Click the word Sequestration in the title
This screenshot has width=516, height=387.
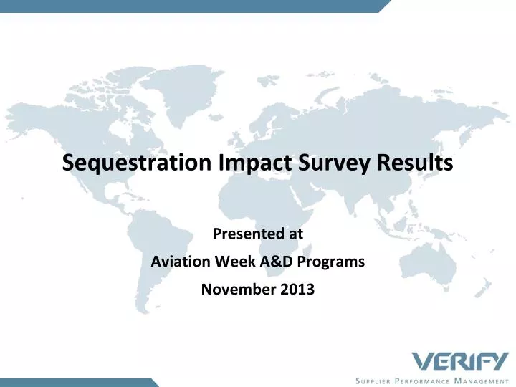[x=137, y=163]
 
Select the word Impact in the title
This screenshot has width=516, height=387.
[x=255, y=163]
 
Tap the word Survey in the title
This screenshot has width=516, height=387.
[x=334, y=163]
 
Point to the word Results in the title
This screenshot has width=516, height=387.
[x=415, y=162]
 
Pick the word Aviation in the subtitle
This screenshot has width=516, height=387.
[x=181, y=262]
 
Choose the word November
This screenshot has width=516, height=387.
[x=239, y=290]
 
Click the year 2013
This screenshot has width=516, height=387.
[x=297, y=290]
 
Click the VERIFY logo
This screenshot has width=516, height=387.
[x=460, y=361]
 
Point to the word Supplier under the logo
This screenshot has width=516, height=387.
[x=373, y=381]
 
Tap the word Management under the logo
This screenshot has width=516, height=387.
[x=482, y=381]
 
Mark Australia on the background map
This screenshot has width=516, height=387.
[x=428, y=262]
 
